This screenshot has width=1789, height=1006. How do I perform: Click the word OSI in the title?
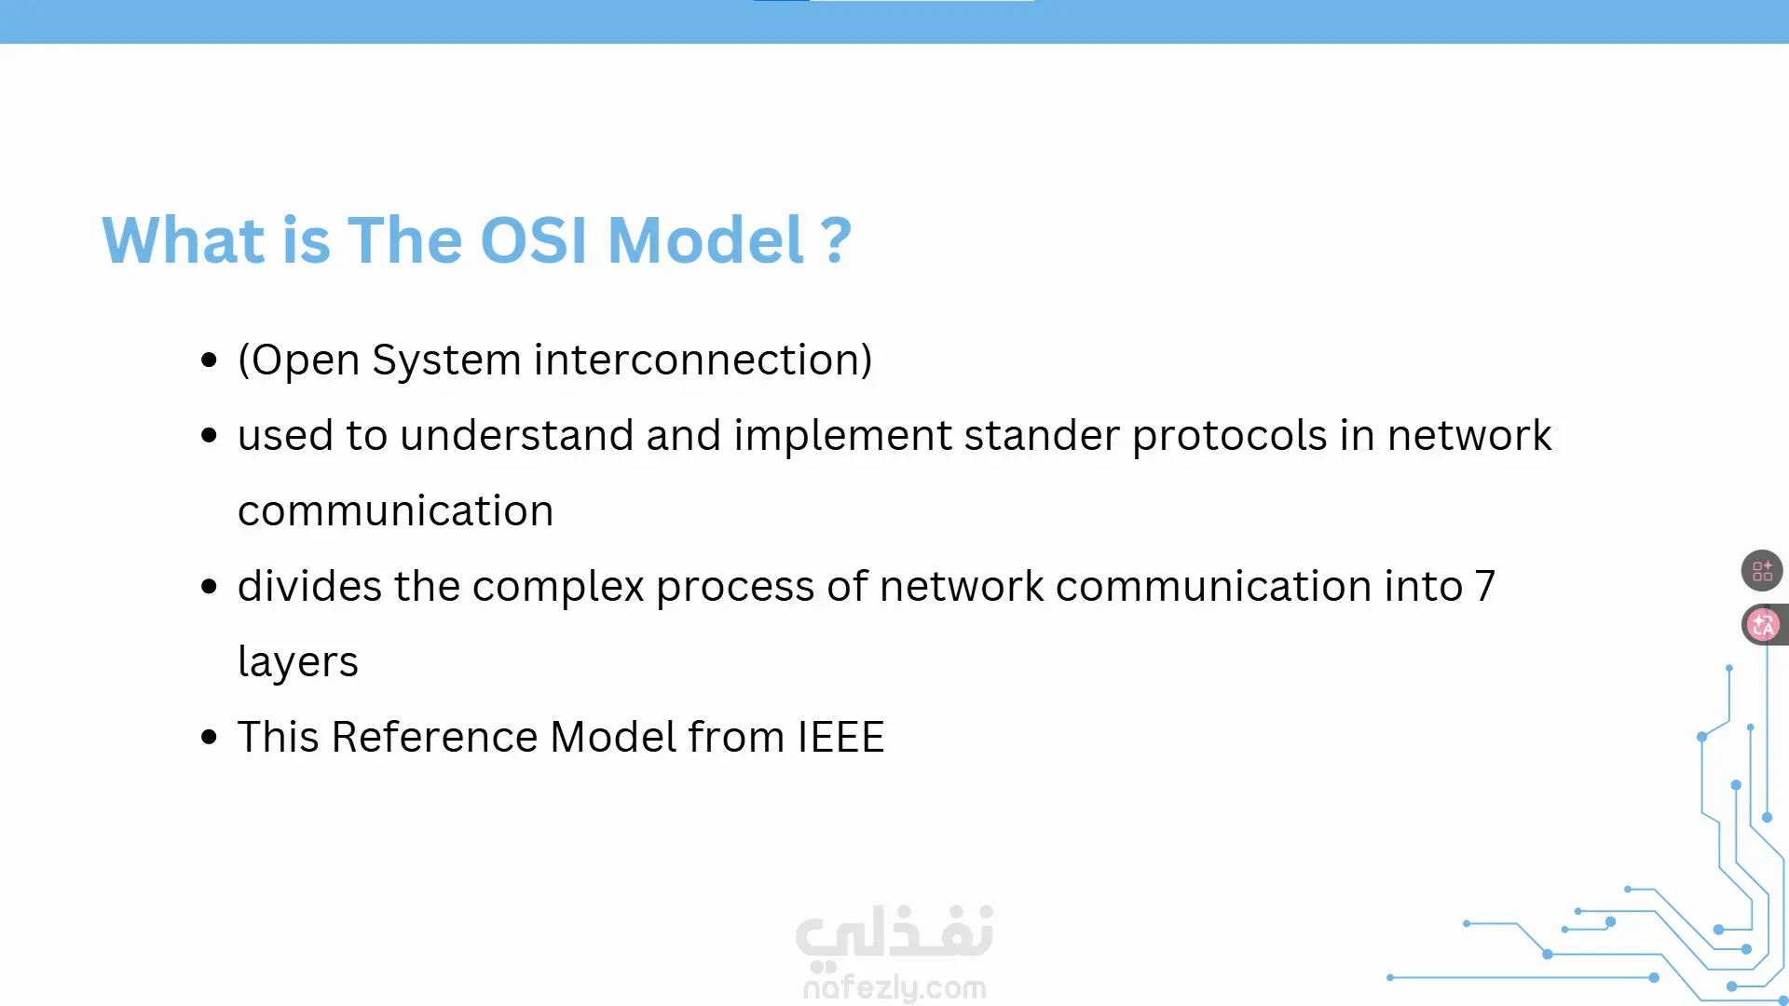click(x=534, y=240)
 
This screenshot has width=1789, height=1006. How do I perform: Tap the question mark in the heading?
click(x=836, y=240)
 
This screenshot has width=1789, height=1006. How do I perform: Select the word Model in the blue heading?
click(x=705, y=240)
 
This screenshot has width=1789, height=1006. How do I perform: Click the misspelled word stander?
click(x=1042, y=436)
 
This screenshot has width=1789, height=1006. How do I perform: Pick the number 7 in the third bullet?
click(x=1485, y=587)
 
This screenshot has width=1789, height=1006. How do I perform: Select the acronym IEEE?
click(x=841, y=738)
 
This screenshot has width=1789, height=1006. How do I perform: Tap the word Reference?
click(x=434, y=738)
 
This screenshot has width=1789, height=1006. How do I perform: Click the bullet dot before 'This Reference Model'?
click(x=209, y=738)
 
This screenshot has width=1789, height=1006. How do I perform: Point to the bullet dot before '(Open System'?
click(x=209, y=360)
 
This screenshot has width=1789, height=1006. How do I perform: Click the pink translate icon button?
click(x=1762, y=625)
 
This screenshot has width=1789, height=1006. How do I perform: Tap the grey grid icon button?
click(x=1762, y=571)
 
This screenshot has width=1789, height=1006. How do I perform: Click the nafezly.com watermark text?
click(x=894, y=987)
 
